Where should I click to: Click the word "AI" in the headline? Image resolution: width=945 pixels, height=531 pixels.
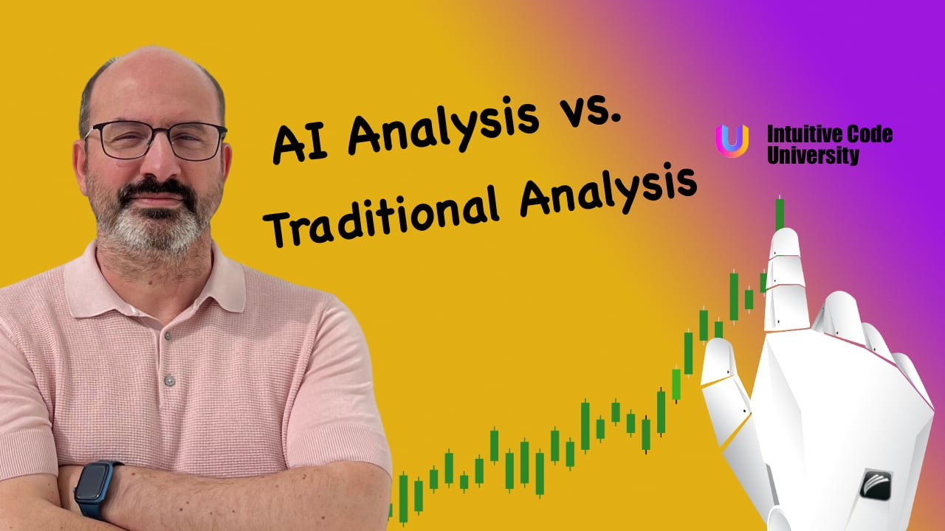point(300,140)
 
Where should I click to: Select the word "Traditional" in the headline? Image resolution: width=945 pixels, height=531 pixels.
point(379,220)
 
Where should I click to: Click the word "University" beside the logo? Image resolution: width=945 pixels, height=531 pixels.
point(813,155)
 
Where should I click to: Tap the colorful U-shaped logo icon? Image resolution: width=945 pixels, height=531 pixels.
point(732,140)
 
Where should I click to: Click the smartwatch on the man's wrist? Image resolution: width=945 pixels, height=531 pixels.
point(95,489)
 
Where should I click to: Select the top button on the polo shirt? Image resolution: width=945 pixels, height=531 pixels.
point(168,336)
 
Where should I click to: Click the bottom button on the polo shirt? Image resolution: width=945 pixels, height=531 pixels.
point(170,381)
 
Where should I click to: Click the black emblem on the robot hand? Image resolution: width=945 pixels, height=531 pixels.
point(876,485)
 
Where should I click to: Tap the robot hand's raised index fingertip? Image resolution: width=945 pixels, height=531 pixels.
point(786,236)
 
